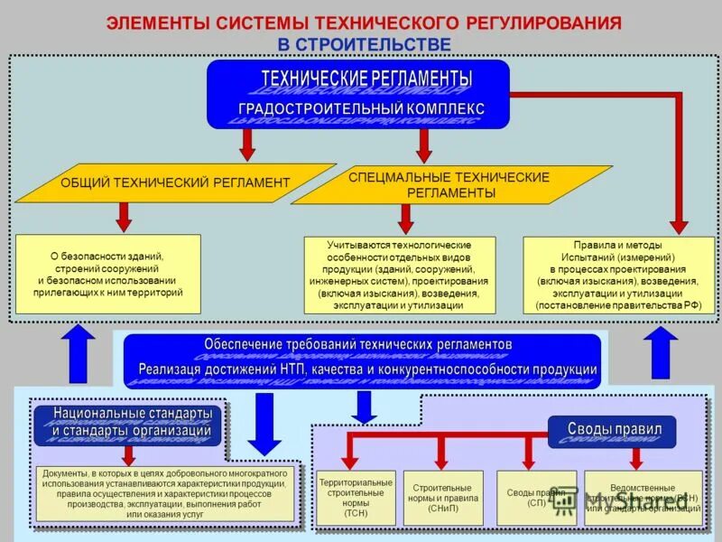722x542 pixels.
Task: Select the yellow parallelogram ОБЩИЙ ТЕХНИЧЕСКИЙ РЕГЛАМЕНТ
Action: tap(175, 182)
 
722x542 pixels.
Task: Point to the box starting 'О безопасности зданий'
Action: tap(108, 274)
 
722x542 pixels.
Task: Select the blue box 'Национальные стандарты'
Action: tap(127, 423)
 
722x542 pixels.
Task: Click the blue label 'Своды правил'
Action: tap(614, 429)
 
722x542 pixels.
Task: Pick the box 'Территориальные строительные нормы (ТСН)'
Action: tap(356, 498)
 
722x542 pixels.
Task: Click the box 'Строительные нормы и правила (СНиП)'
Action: tap(442, 498)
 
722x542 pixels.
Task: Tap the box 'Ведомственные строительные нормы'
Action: tap(643, 498)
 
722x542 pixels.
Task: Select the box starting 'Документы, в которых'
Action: tap(165, 493)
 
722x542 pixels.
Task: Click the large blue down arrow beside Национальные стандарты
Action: tap(264, 423)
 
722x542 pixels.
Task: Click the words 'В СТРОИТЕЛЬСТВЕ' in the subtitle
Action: tap(364, 43)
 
